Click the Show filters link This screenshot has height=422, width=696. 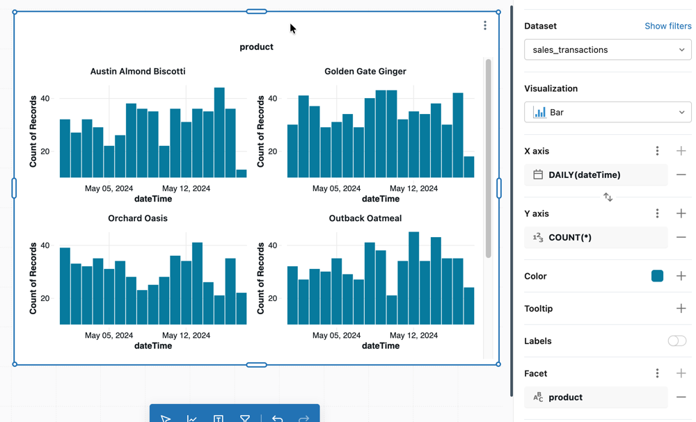(x=667, y=26)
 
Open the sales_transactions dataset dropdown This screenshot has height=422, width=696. (x=607, y=50)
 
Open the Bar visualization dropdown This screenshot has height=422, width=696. (x=607, y=113)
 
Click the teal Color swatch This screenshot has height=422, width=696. (x=657, y=276)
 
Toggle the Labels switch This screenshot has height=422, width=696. (x=677, y=341)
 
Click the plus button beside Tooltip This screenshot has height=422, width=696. (x=681, y=309)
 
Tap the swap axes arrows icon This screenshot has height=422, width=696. (x=608, y=197)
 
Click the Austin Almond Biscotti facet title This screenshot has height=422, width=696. (x=138, y=72)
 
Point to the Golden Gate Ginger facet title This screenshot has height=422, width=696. (x=365, y=72)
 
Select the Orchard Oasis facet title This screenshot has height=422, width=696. (x=138, y=218)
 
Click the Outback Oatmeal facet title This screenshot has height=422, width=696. (x=365, y=218)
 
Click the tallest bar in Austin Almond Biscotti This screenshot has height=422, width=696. (x=219, y=132)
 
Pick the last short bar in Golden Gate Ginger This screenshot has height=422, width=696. (x=469, y=167)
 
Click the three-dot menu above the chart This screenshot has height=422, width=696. (x=485, y=26)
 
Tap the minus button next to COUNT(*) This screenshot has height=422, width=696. (x=681, y=238)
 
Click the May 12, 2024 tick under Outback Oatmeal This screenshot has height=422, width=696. (x=413, y=335)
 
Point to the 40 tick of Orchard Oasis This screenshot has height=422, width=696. (x=45, y=245)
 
